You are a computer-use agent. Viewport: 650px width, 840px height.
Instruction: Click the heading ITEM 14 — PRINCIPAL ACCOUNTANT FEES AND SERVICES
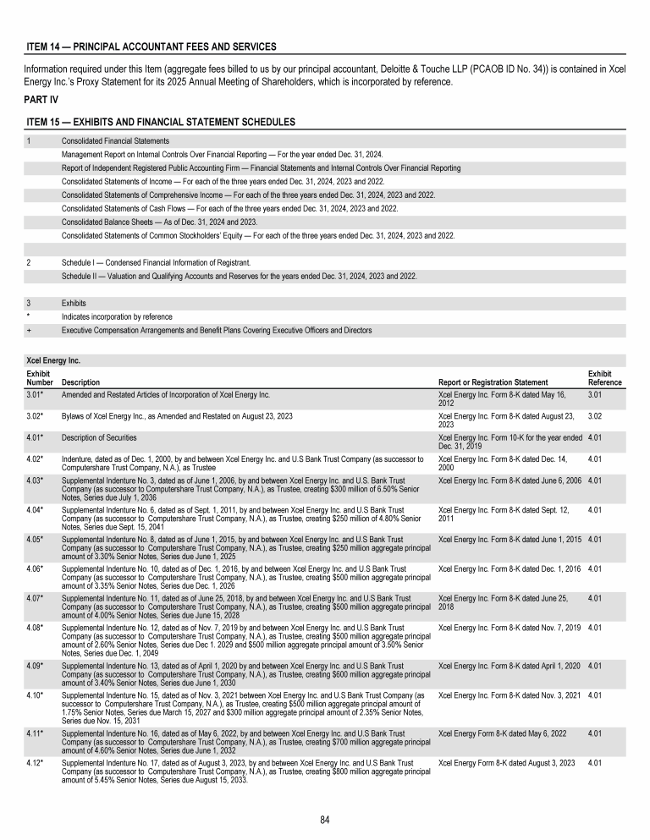click(x=151, y=46)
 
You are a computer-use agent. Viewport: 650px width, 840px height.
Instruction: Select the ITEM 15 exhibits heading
click(x=161, y=122)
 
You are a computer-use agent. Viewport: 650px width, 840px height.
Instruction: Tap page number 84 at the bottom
click(x=324, y=819)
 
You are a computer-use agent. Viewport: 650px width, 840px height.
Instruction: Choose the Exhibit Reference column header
click(x=604, y=378)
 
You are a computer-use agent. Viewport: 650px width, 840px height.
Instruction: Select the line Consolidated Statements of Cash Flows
click(x=229, y=208)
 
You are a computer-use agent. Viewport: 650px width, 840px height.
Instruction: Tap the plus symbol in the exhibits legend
click(x=29, y=330)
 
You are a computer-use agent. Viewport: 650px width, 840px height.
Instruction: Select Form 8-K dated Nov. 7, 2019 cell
click(x=510, y=629)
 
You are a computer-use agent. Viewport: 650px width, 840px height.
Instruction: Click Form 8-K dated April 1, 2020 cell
click(x=510, y=664)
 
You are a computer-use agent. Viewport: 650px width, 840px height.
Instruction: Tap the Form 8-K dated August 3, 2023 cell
click(x=506, y=763)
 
